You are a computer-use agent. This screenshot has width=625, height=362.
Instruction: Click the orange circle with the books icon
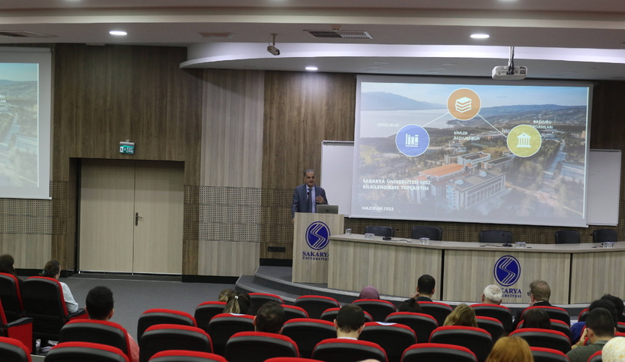click(464, 104)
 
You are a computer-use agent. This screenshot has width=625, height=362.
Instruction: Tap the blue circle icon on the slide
click(412, 140)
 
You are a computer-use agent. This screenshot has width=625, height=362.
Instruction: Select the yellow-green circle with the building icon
click(524, 141)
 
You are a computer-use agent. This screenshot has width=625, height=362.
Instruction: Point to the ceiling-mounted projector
click(509, 72)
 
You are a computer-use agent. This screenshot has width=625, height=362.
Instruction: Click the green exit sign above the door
click(126, 148)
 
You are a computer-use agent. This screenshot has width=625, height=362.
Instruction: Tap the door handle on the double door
click(137, 219)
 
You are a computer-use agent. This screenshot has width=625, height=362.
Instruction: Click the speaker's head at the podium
click(309, 176)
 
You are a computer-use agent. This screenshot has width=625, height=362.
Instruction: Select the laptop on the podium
click(327, 208)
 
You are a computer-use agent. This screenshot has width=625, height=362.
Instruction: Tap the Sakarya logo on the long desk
click(507, 270)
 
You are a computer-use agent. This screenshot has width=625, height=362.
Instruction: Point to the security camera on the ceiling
click(273, 49)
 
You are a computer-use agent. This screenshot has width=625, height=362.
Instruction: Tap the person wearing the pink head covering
click(369, 293)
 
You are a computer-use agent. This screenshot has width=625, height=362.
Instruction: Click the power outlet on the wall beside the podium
click(276, 249)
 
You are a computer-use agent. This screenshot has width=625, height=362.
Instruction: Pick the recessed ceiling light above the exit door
click(118, 33)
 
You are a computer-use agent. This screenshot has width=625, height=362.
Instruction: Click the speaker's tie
click(310, 198)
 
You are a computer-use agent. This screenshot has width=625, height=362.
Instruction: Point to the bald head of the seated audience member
click(493, 294)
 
